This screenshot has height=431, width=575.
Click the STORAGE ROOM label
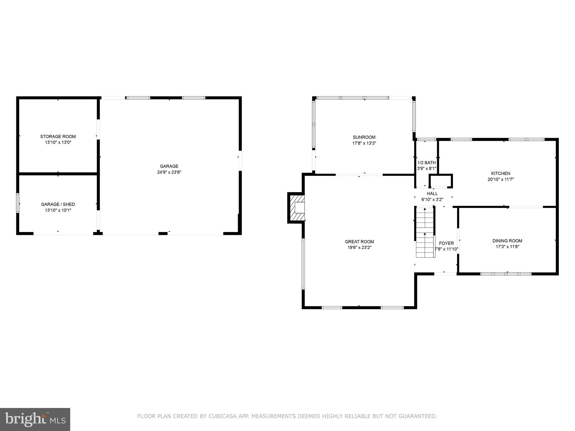pyautogui.click(x=58, y=137)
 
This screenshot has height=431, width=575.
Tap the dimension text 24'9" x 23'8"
pyautogui.click(x=169, y=172)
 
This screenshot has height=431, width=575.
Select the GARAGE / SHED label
pyautogui.click(x=58, y=204)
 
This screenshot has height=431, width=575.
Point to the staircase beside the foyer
pyautogui.click(x=425, y=232)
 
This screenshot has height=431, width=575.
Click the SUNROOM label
pyautogui.click(x=364, y=137)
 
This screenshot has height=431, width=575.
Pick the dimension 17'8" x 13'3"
pyautogui.click(x=364, y=143)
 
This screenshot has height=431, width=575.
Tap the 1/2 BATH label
pyautogui.click(x=426, y=163)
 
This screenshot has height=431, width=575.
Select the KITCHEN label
pyautogui.click(x=500, y=173)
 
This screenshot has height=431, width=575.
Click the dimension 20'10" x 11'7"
pyautogui.click(x=500, y=179)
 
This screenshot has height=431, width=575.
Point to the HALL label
pyautogui.click(x=432, y=194)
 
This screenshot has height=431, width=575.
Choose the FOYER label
pyautogui.click(x=446, y=243)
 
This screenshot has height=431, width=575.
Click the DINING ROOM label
pyautogui.click(x=507, y=241)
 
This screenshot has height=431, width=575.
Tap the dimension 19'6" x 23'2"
pyautogui.click(x=359, y=247)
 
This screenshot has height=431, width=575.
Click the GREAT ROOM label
pyautogui.click(x=359, y=242)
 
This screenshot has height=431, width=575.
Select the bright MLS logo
pyautogui.click(x=35, y=419)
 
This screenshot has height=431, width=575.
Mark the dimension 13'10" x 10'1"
pyautogui.click(x=58, y=210)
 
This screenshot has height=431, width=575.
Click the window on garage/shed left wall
pyautogui.click(x=18, y=203)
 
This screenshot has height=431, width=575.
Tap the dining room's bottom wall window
pyautogui.click(x=506, y=274)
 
